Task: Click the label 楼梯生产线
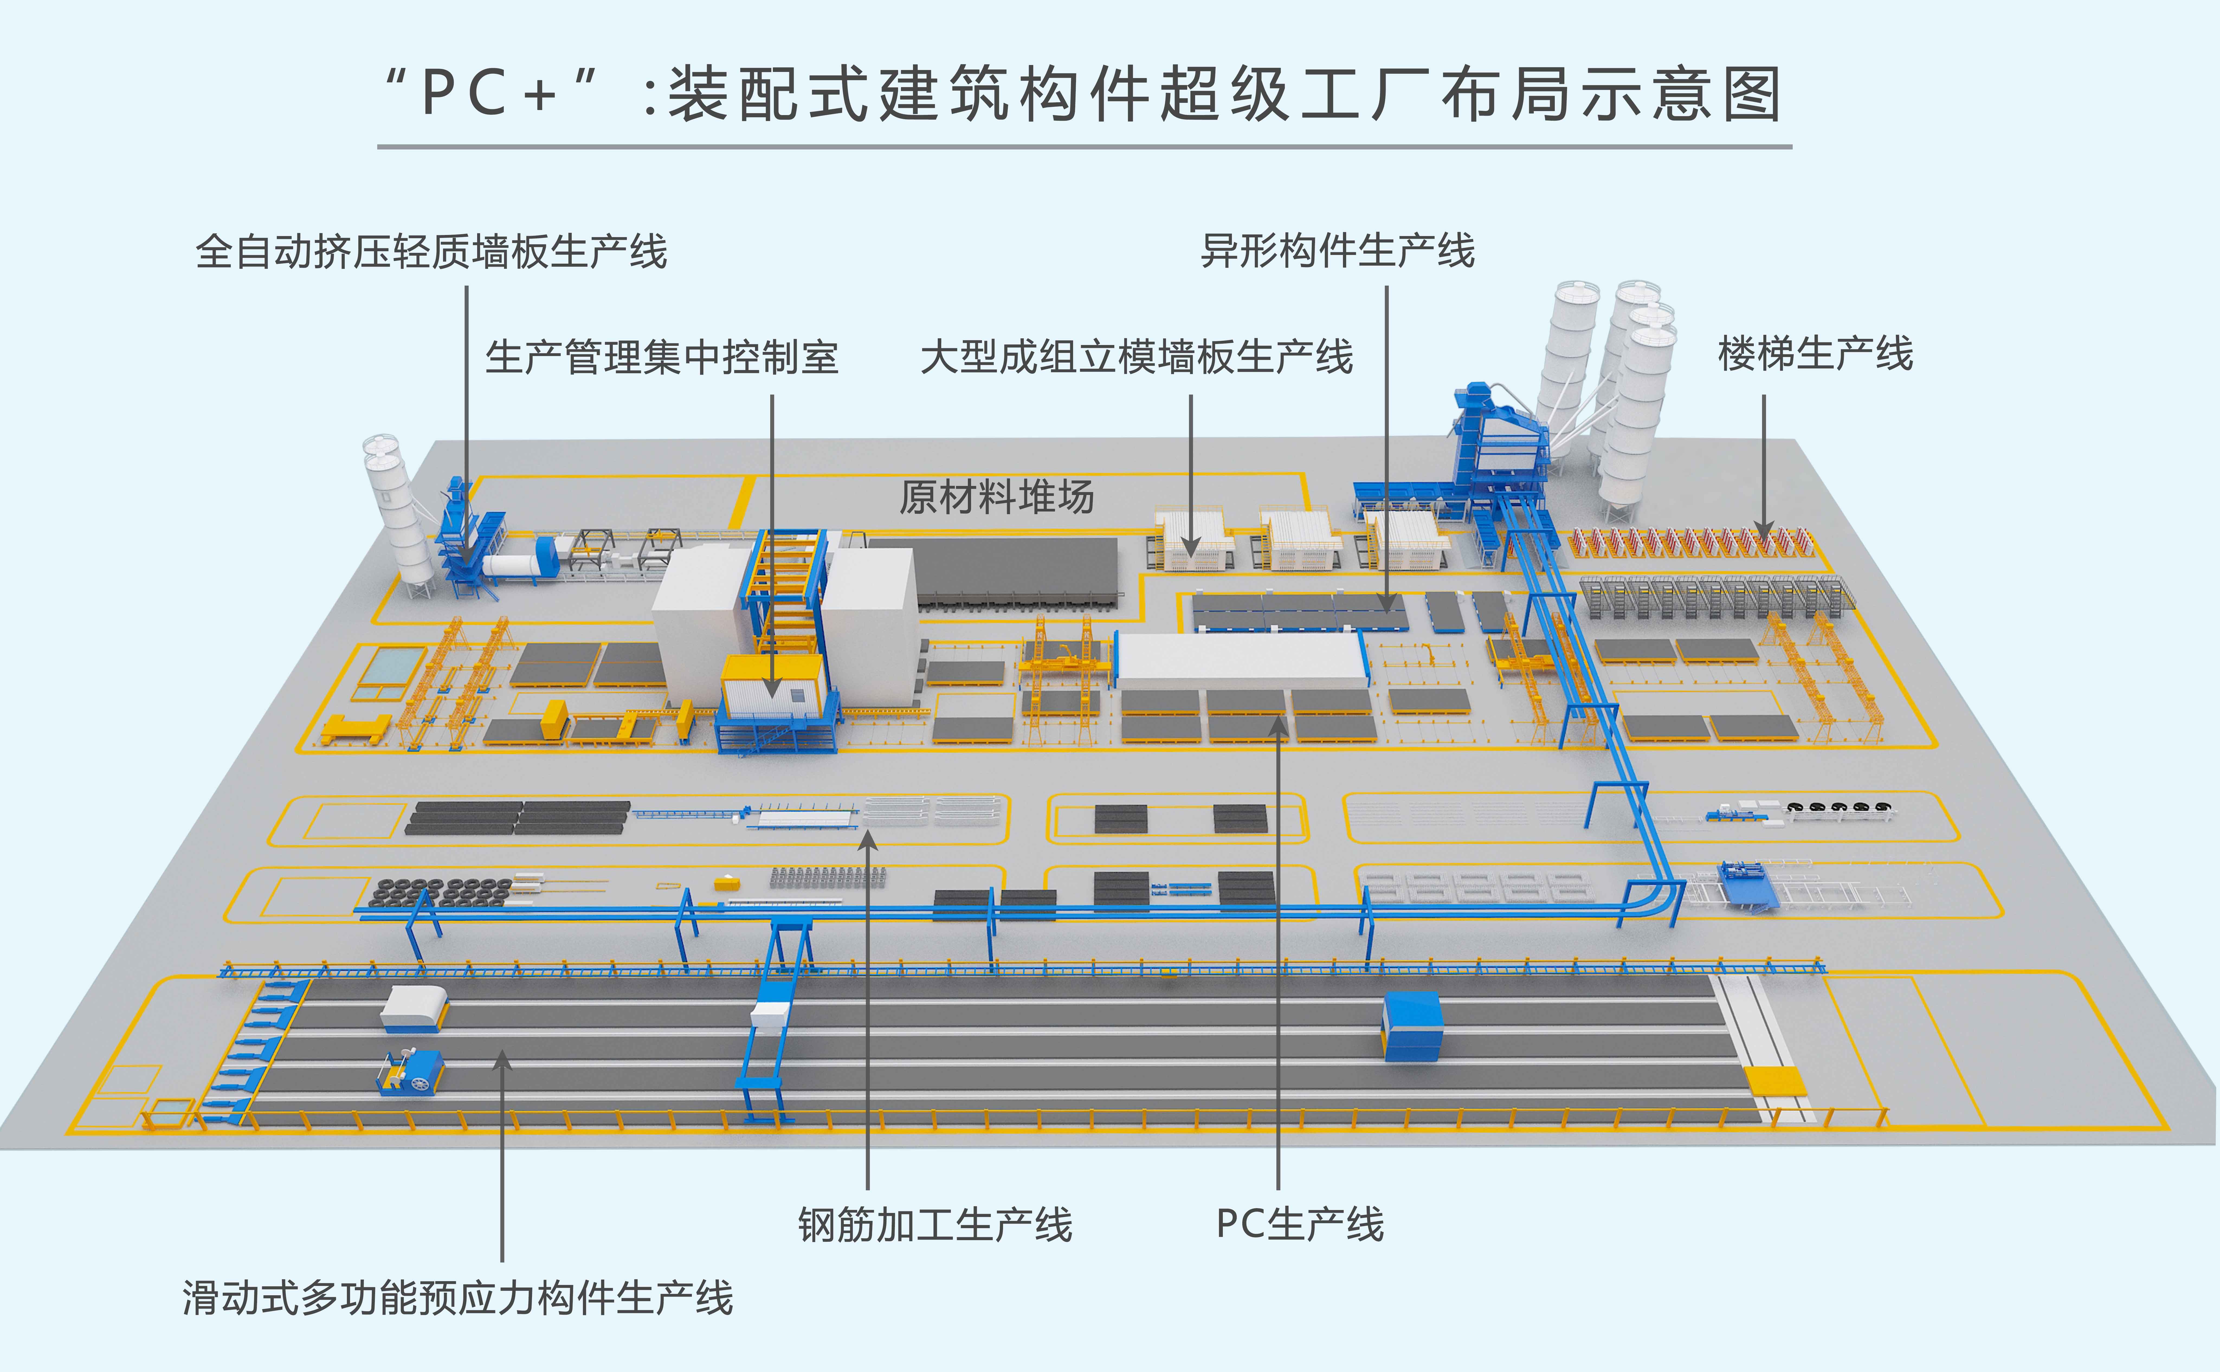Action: click(x=1815, y=353)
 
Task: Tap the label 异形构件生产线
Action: click(x=1338, y=250)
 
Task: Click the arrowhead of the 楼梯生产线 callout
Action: click(x=1764, y=529)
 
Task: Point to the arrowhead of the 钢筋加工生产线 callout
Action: click(x=868, y=842)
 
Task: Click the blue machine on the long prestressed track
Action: click(x=1412, y=1026)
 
